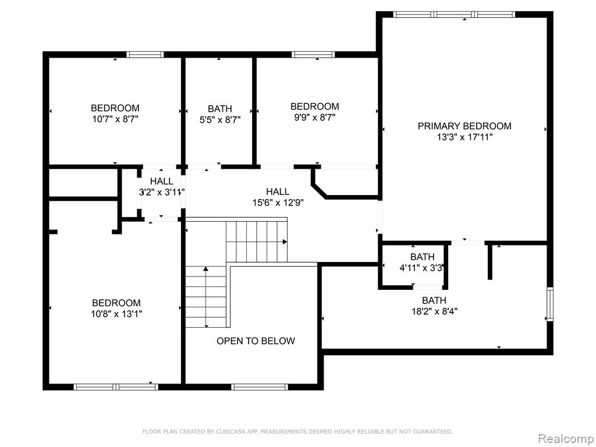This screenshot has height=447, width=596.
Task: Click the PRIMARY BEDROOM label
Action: coord(464,126)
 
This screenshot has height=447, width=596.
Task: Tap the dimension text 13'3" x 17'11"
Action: coord(464,137)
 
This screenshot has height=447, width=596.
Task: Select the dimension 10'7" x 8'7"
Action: coord(115,119)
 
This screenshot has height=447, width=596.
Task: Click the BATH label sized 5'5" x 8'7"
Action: coord(219,109)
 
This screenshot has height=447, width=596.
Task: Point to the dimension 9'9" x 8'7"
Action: coord(315,118)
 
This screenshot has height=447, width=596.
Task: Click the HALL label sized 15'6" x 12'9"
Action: coord(278,191)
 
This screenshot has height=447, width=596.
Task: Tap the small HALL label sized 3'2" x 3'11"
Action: coord(162,182)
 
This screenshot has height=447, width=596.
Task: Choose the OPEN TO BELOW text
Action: coord(256,341)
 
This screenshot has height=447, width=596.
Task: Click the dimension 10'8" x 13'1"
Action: coord(116,314)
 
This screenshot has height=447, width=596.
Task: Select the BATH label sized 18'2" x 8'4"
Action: coord(434,300)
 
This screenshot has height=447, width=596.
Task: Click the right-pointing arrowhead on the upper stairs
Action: coord(285,242)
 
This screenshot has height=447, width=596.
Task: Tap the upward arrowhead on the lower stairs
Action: coord(205,269)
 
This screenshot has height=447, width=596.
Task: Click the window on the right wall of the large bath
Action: coord(549,304)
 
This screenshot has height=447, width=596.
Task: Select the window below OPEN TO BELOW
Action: coord(260,387)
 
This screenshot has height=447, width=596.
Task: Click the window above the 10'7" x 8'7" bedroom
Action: coord(145,54)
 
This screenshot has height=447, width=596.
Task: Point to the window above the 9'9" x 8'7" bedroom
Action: coord(313,54)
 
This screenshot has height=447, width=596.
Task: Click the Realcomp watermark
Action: coord(565,439)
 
